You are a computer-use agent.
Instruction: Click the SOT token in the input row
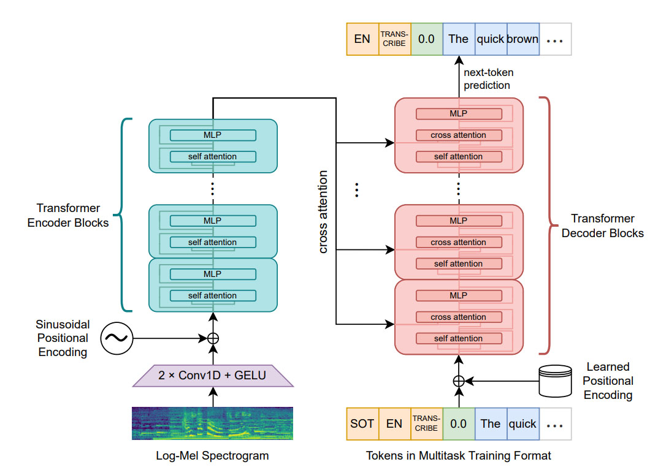(362, 423)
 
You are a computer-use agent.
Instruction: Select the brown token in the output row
(522, 39)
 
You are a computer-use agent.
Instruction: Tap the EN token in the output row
(362, 39)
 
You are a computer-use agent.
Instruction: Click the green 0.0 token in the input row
(458, 423)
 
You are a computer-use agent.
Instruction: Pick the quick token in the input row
(522, 423)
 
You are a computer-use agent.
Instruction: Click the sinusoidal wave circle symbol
(117, 338)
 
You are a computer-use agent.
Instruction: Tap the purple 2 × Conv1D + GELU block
(213, 374)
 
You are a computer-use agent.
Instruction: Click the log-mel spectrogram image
(213, 423)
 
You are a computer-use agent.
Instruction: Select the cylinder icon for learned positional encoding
(554, 380)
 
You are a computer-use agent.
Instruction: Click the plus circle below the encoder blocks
(213, 338)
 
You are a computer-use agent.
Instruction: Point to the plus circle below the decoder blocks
(458, 381)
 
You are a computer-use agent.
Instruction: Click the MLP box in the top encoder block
(213, 135)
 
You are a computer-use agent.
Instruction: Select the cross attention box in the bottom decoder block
(458, 317)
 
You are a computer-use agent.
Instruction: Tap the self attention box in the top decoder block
(458, 156)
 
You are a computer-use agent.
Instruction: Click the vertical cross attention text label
(323, 211)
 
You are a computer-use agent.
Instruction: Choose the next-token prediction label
(487, 79)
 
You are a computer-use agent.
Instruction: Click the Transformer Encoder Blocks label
(68, 216)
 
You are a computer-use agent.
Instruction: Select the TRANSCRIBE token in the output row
(394, 39)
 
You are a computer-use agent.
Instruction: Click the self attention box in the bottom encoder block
(213, 295)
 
